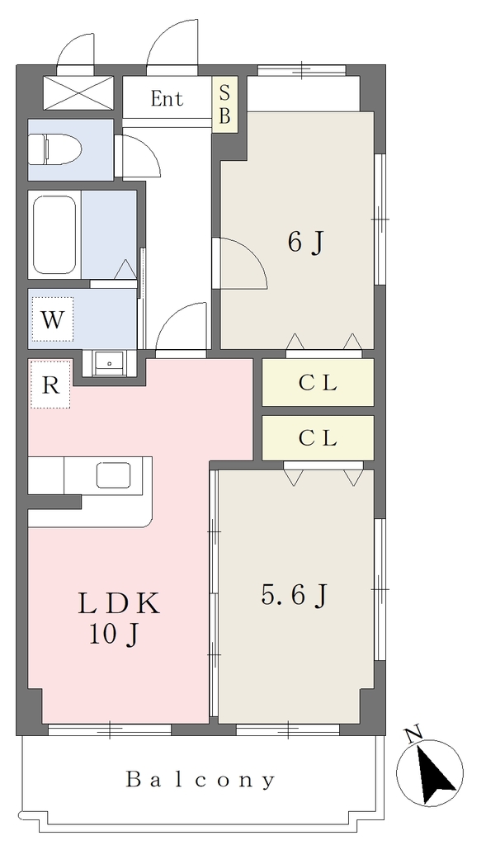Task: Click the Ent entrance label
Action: tap(167, 99)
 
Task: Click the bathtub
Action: tap(54, 234)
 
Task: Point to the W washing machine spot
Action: tap(52, 319)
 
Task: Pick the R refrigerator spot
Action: tap(50, 385)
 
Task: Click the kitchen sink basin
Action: tap(113, 474)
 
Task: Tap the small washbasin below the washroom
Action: tap(110, 363)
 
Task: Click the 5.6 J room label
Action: tap(295, 596)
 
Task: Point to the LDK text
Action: tap(119, 604)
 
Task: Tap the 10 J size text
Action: tap(114, 635)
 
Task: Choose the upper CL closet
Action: tap(318, 382)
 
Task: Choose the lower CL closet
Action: tap(318, 437)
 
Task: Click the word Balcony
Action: tap(201, 780)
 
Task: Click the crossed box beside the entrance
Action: tap(78, 94)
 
